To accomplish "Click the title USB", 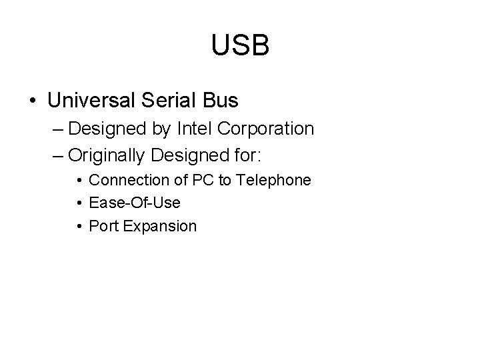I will click(240, 45).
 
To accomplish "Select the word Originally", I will click(107, 155).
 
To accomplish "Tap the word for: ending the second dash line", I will click(245, 155).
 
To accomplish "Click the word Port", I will click(101, 226).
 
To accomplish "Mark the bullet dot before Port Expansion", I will click(79, 227).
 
